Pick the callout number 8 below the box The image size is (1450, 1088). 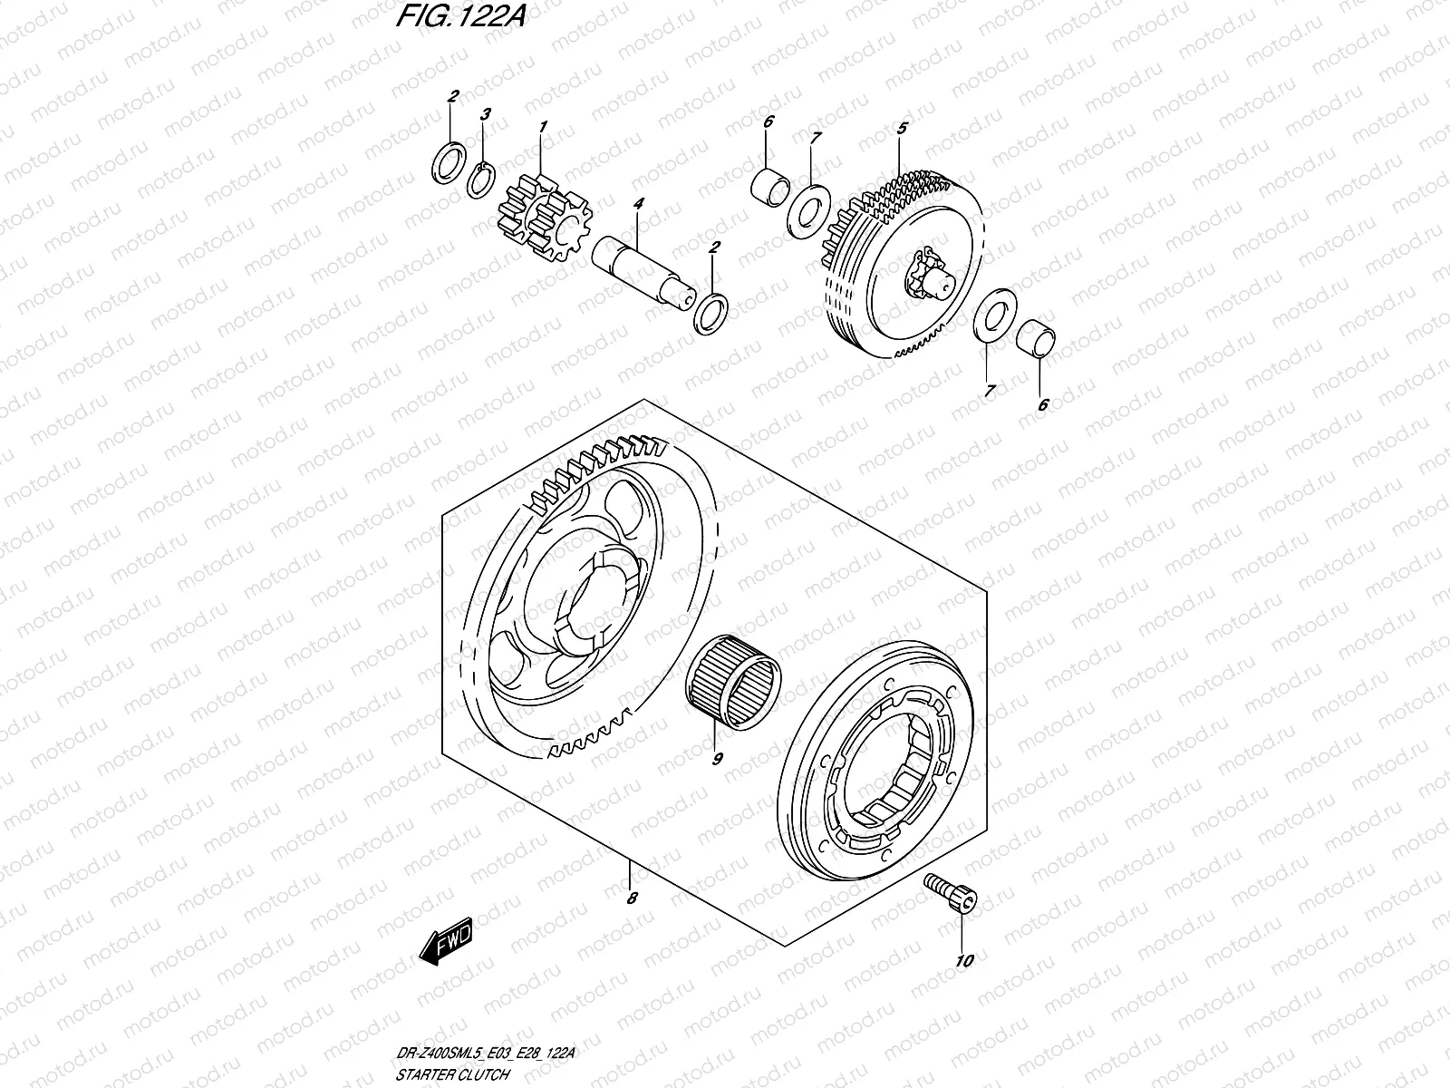coord(633,899)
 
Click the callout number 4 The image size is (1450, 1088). coord(638,205)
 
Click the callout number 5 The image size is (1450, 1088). coord(901,129)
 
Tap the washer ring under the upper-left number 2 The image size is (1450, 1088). coord(449,162)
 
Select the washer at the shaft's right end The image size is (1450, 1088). coord(710,313)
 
